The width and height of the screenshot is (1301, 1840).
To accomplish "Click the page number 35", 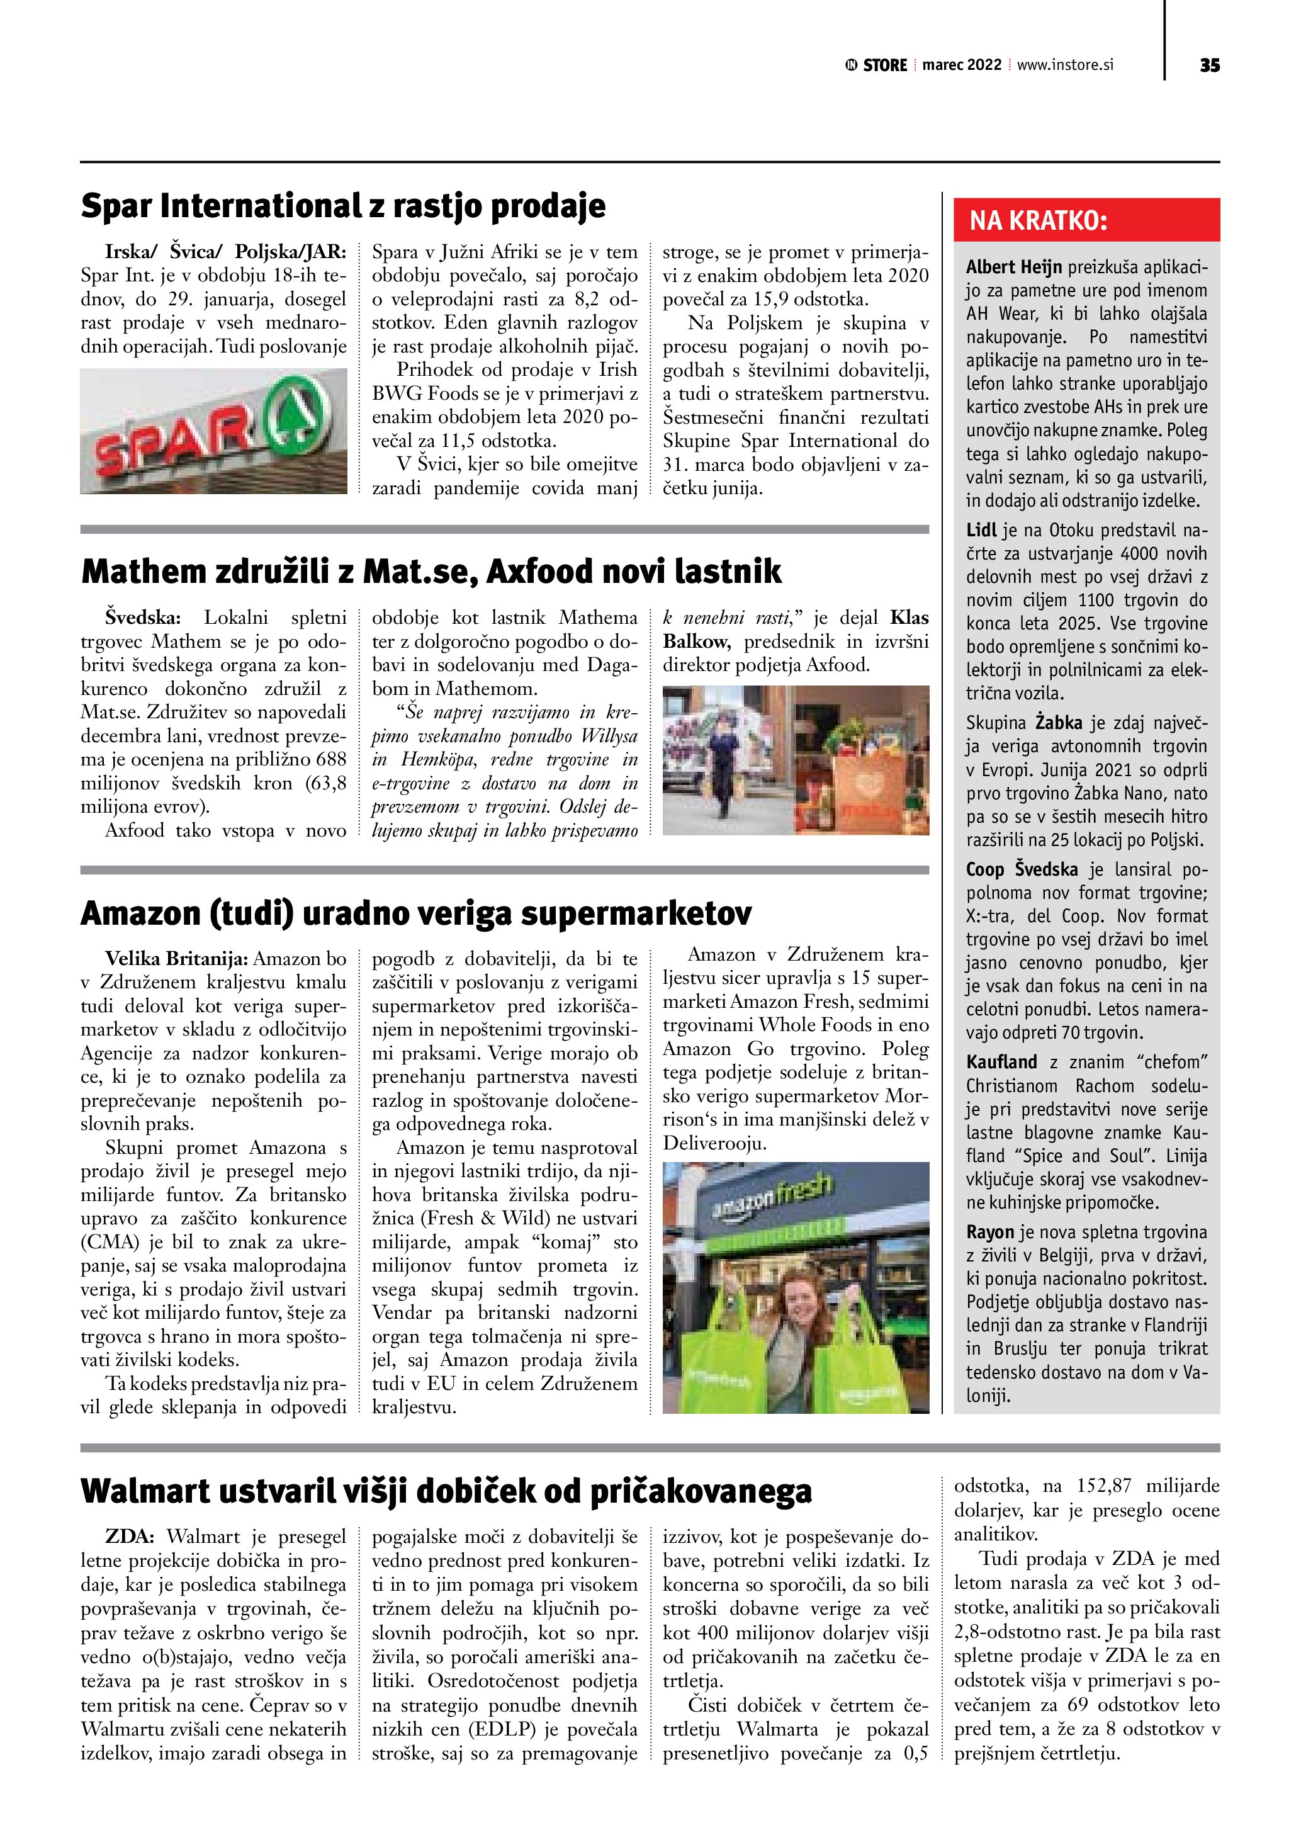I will (1210, 65).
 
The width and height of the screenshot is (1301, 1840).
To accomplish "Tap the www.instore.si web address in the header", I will (1065, 65).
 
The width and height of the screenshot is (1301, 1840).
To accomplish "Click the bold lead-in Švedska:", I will (144, 618).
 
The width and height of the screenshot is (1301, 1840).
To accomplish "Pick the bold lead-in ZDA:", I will (128, 1537).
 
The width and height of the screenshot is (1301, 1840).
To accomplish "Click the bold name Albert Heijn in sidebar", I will (1013, 267).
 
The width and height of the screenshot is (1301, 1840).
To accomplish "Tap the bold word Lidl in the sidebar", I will (981, 530).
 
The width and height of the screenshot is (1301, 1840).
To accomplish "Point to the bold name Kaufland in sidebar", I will (1001, 1062).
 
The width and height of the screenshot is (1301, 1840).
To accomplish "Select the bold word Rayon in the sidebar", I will (989, 1232).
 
